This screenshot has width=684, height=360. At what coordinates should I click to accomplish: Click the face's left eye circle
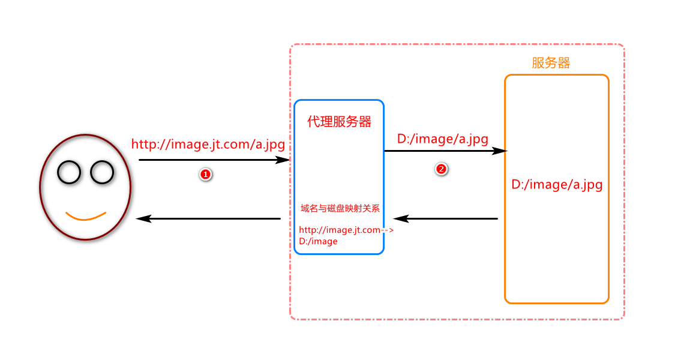pyautogui.click(x=69, y=173)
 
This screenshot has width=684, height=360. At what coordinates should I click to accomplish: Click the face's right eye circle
pyautogui.click(x=102, y=173)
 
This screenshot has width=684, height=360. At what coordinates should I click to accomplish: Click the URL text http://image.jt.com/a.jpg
pyautogui.click(x=208, y=145)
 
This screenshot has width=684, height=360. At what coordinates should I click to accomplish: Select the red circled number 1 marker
pyautogui.click(x=205, y=175)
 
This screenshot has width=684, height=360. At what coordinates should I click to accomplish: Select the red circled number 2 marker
pyautogui.click(x=441, y=169)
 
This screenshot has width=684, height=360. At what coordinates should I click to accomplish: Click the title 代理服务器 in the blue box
pyautogui.click(x=339, y=122)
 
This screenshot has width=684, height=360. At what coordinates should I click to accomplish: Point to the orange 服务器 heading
pyautogui.click(x=551, y=63)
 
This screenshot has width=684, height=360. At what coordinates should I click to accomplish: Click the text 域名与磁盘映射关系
pyautogui.click(x=340, y=209)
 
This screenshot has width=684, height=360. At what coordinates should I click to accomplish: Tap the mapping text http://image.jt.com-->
pyautogui.click(x=346, y=230)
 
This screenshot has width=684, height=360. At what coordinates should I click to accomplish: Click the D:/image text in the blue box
pyautogui.click(x=318, y=241)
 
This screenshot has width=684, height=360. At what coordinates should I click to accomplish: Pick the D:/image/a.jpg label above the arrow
pyautogui.click(x=443, y=139)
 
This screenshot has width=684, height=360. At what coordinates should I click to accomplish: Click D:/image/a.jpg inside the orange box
pyautogui.click(x=557, y=185)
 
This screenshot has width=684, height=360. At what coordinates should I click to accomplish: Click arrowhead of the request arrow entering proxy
pyautogui.click(x=284, y=160)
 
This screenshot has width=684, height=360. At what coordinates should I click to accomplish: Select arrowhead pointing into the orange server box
pyautogui.click(x=500, y=151)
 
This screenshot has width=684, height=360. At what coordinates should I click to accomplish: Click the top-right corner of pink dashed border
pyautogui.click(x=623, y=46)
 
